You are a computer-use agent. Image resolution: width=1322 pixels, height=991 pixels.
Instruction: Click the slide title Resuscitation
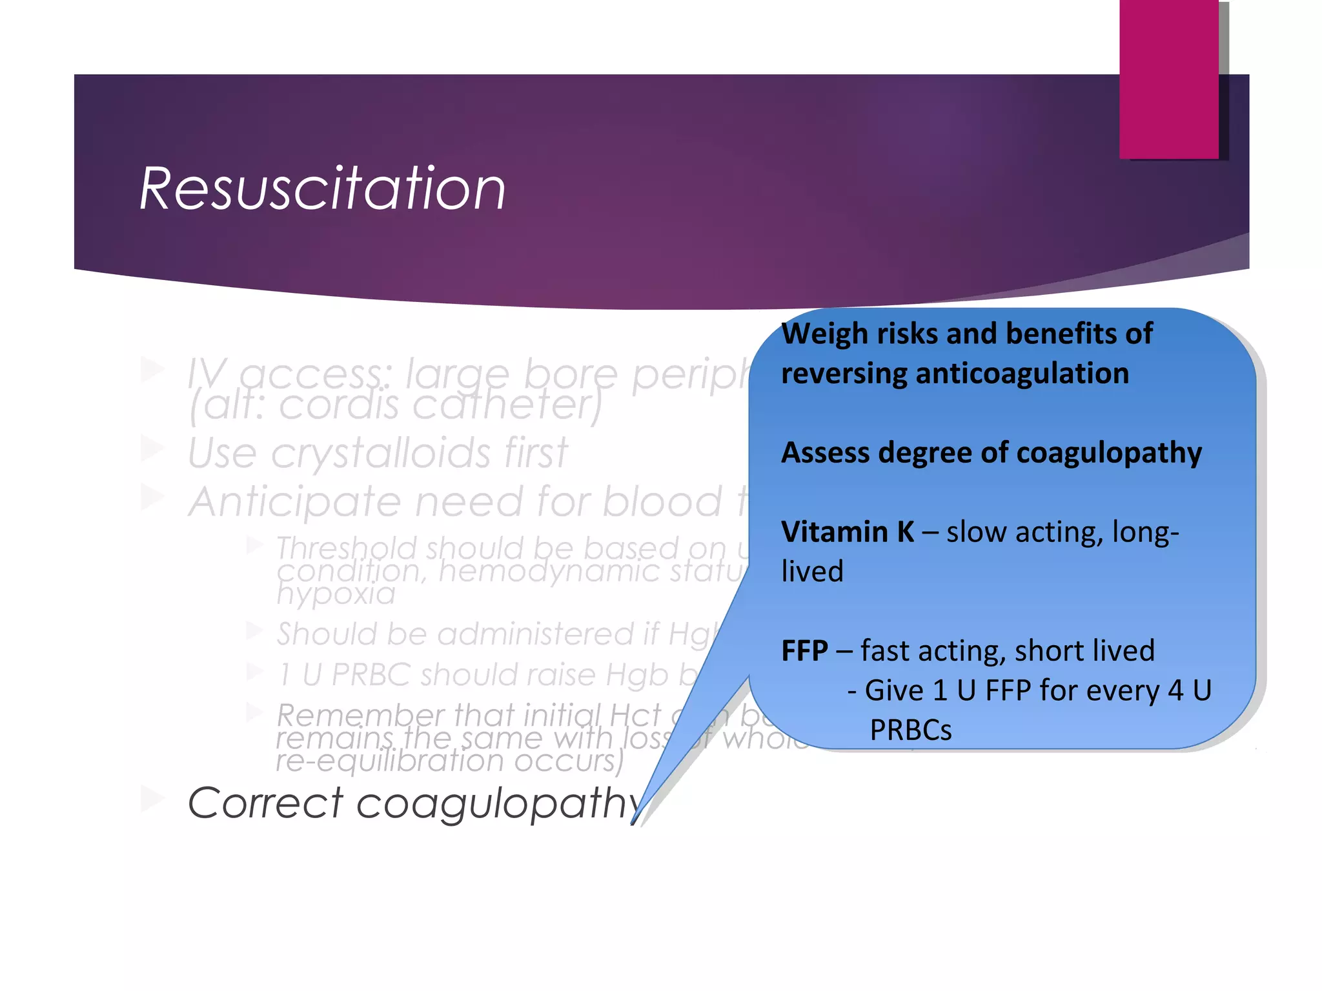322,188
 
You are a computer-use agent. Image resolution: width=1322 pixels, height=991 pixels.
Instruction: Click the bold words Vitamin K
847,532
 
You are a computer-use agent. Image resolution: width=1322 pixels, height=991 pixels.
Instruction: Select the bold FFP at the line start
804,651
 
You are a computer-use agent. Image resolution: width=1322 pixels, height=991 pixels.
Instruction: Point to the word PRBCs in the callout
910,730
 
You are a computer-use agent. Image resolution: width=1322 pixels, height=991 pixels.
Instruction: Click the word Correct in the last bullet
265,803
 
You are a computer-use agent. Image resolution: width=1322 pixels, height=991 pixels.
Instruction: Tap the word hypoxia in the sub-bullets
336,594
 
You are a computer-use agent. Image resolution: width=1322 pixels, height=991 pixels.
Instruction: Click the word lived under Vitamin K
812,572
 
